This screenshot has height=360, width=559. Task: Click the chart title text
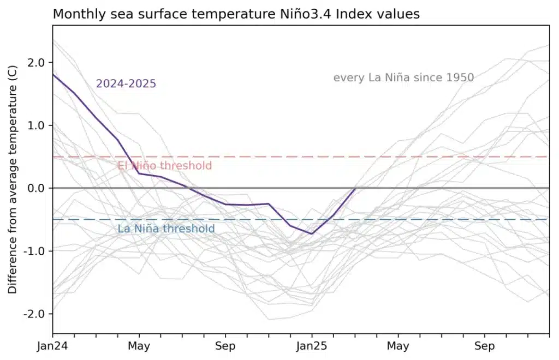tap(236, 14)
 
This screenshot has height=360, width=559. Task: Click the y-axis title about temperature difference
tap(13, 179)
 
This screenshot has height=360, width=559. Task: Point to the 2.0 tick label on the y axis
tap(35, 63)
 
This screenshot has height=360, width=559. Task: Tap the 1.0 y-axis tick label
tap(35, 125)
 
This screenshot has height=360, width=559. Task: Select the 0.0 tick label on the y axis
tap(35, 188)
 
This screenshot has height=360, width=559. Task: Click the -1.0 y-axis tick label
tap(34, 251)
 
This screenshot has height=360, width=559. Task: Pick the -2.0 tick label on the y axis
tap(34, 314)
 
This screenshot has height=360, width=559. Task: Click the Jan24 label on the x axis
tap(52, 346)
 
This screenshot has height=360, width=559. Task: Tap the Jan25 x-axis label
tap(312, 346)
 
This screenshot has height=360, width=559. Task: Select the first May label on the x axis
tap(139, 346)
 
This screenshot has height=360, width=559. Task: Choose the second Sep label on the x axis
tap(485, 346)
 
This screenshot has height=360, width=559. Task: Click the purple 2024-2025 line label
tap(126, 83)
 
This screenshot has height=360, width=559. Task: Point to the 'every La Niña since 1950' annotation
tap(403, 77)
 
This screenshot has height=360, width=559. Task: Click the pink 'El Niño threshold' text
tap(165, 166)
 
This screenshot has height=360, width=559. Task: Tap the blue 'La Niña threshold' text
tap(166, 229)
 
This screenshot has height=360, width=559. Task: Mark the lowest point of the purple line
tap(312, 234)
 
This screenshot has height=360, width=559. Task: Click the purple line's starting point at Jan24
tap(53, 74)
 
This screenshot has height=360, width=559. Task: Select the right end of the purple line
tap(355, 188)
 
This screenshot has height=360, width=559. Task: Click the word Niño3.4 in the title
tap(304, 14)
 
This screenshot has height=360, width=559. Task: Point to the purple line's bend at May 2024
tap(139, 173)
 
